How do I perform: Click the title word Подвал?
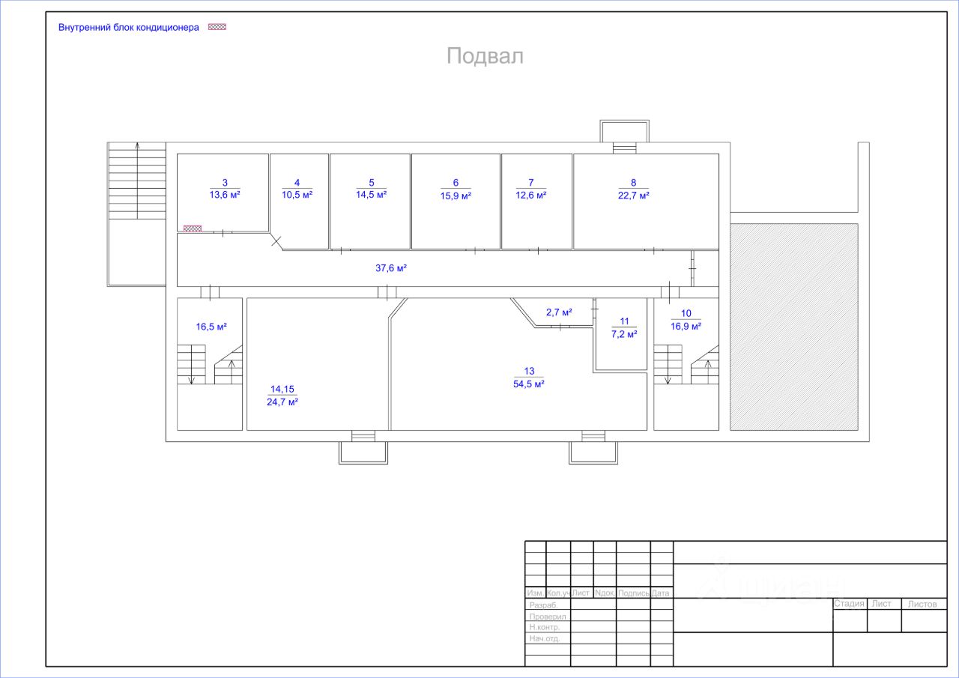pyautogui.click(x=485, y=56)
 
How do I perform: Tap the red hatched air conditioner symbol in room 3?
pyautogui.click(x=193, y=228)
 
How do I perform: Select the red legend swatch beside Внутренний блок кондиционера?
pyautogui.click(x=217, y=27)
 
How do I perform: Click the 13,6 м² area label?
pyautogui.click(x=225, y=195)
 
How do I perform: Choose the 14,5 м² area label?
pyautogui.click(x=371, y=195)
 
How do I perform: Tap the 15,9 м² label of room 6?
pyautogui.click(x=456, y=196)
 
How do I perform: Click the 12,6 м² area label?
pyautogui.click(x=530, y=195)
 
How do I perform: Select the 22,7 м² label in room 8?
pyautogui.click(x=633, y=195)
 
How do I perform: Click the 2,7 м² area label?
pyautogui.click(x=559, y=312)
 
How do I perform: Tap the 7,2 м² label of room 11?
pyautogui.click(x=624, y=334)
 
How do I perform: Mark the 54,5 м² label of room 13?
pyautogui.click(x=528, y=384)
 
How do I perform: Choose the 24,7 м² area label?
pyautogui.click(x=282, y=402)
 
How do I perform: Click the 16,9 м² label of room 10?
pyautogui.click(x=686, y=326)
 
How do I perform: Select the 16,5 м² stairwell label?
pyautogui.click(x=211, y=327)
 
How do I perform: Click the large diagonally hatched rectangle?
pyautogui.click(x=794, y=327)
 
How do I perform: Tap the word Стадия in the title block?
pyautogui.click(x=850, y=604)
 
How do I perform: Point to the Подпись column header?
pyautogui.click(x=633, y=593)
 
